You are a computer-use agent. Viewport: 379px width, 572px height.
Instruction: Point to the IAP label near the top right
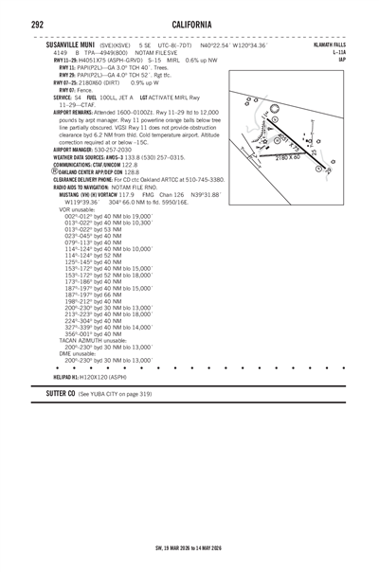pos(366,60)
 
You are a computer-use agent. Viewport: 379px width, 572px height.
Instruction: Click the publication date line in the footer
pos(189,546)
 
